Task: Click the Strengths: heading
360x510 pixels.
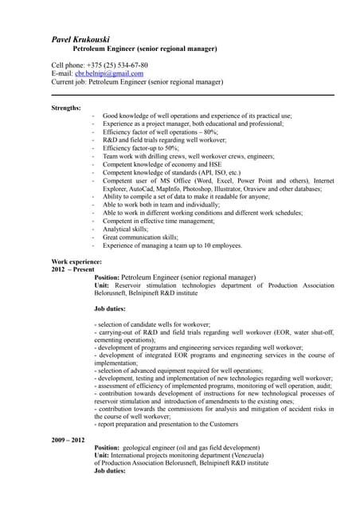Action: (x=66, y=107)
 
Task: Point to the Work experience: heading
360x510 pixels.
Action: (x=76, y=261)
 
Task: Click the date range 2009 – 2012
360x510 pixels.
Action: (x=68, y=439)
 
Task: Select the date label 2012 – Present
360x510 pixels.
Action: (x=72, y=269)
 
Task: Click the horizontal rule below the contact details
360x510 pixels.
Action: (x=192, y=95)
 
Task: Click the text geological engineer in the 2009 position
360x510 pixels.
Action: (x=163, y=447)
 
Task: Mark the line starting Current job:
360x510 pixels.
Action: (x=137, y=81)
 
